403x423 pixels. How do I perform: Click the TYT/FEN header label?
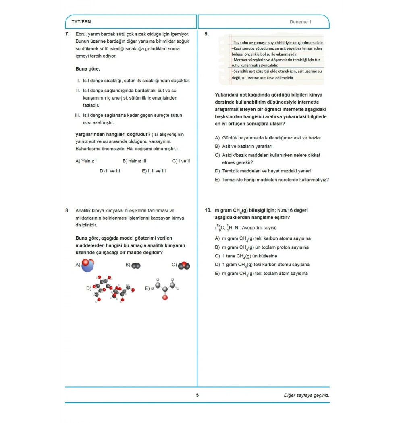tap(81, 22)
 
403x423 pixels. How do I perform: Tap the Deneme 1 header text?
tap(300, 22)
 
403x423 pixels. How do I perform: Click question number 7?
tap(67, 34)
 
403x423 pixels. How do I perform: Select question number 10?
tap(208, 210)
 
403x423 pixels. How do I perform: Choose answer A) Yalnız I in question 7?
tap(86, 161)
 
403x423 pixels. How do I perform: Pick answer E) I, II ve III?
tap(154, 171)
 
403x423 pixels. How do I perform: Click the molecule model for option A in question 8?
tap(87, 265)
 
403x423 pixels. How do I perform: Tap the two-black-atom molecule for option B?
tap(136, 265)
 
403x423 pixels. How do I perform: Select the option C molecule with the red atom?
tap(184, 265)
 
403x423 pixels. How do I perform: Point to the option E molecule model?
tap(165, 288)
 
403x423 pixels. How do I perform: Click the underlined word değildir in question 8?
tap(153, 253)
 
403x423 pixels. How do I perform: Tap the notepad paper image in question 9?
tap(271, 60)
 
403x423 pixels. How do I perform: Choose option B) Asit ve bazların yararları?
tap(247, 146)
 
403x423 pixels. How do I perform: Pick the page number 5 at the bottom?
tap(197, 395)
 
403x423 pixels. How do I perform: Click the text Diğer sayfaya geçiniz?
tap(306, 395)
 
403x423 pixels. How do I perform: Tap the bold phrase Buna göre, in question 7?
tap(87, 69)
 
